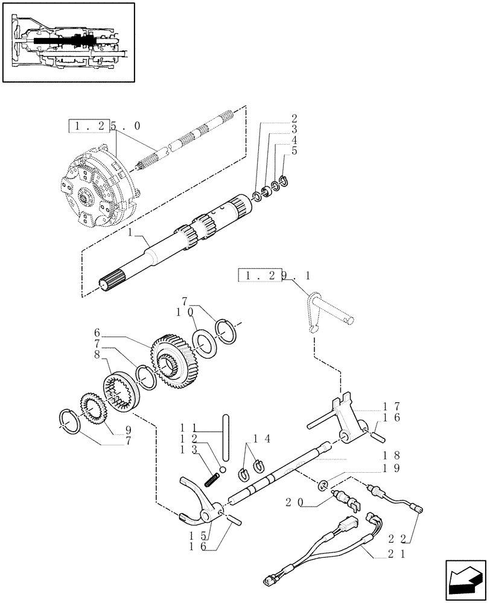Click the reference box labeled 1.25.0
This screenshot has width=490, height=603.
tap(89, 126)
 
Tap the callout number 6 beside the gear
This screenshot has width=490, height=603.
tap(97, 332)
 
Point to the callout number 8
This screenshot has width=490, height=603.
tap(97, 355)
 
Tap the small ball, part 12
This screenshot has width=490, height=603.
tap(222, 470)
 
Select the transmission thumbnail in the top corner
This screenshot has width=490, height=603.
tap(68, 42)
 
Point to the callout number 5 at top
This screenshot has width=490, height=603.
tap(294, 151)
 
